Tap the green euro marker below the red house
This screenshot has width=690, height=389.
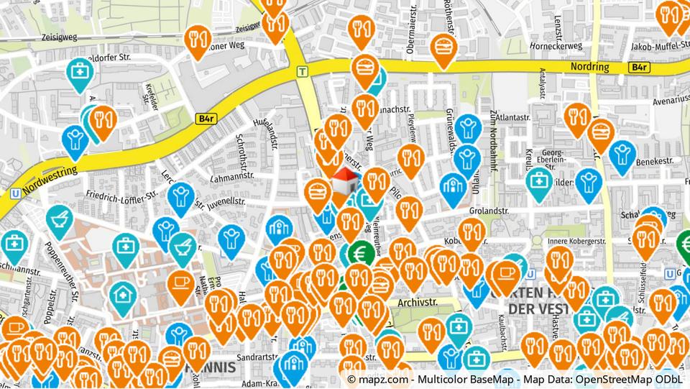[359, 253]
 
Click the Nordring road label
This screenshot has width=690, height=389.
[589, 67]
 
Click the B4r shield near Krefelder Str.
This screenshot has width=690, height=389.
[204, 117]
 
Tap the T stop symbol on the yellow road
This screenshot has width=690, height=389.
[303, 71]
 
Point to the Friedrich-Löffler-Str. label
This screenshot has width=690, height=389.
[121, 195]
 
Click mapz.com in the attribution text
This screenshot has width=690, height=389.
[382, 378]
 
